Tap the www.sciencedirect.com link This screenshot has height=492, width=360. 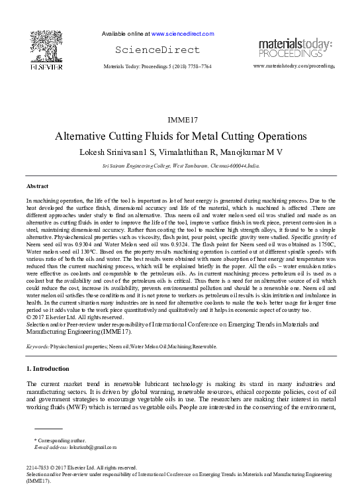183,33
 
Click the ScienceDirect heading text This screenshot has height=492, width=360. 157,50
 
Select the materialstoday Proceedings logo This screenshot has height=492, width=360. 294,48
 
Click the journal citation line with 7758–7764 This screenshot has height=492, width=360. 157,67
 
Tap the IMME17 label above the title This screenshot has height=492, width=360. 180,121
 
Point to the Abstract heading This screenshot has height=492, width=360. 37,186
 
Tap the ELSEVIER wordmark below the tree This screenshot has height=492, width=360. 46,67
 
